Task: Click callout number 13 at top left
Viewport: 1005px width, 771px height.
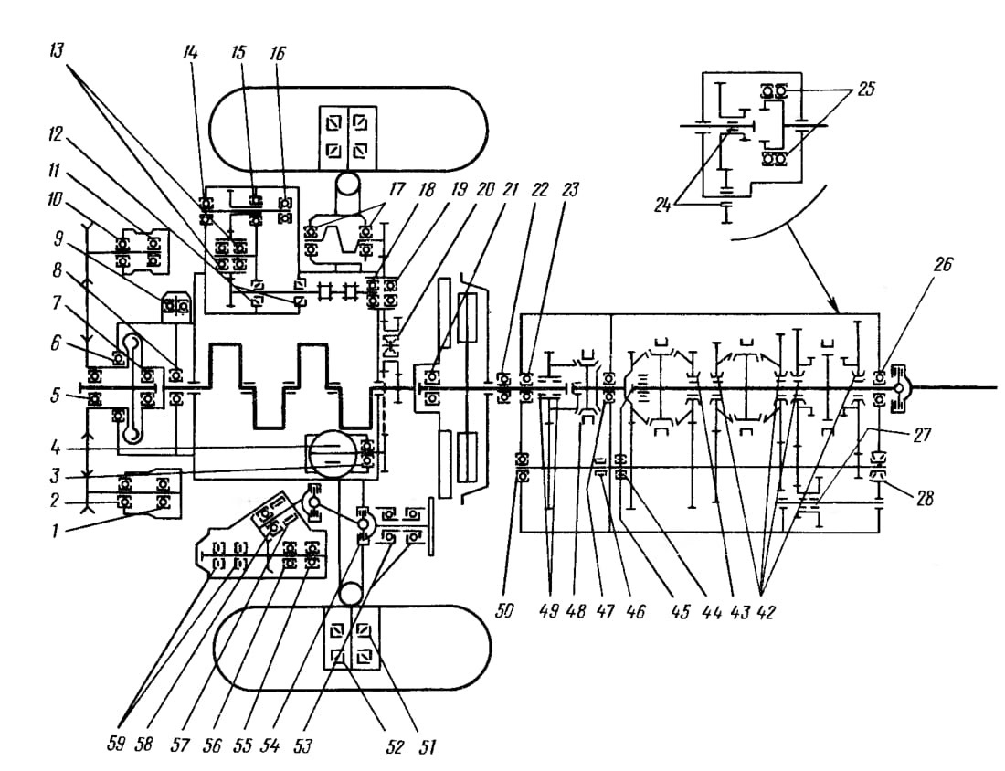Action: coord(57,50)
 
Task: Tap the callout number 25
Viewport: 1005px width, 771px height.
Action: coord(865,89)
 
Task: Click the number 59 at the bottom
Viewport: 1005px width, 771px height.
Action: coord(115,745)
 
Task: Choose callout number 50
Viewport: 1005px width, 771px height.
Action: coord(504,611)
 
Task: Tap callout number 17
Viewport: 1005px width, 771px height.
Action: coord(397,190)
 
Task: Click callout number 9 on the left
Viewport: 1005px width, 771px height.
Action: coord(59,239)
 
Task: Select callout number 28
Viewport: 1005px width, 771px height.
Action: coord(925,497)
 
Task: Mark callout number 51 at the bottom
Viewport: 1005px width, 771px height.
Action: coord(426,747)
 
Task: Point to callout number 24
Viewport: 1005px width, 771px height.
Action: coord(662,206)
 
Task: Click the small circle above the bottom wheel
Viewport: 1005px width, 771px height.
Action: coord(351,594)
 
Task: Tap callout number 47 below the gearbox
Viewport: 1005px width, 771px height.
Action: coord(605,611)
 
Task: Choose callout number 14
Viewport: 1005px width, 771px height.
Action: coord(189,52)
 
